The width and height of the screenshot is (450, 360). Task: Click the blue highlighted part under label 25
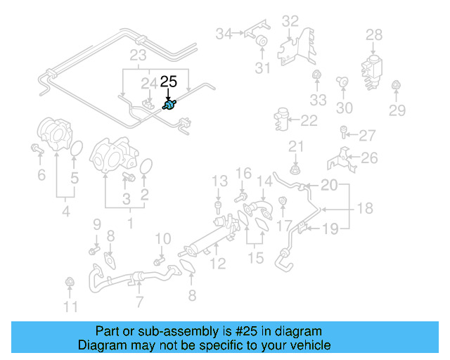coord(169,105)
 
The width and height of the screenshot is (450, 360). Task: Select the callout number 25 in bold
coord(169,82)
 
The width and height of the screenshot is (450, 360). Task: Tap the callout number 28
coord(374,34)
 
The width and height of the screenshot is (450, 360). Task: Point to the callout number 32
coord(290,22)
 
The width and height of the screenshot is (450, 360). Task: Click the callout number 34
coord(224,33)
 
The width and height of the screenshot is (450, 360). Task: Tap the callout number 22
coord(309,121)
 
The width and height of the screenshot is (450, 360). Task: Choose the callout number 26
coord(369,158)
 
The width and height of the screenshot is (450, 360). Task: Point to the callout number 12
coord(218,264)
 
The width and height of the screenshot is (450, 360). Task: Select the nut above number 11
coord(69,283)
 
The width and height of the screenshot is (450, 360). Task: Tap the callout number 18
coord(365,208)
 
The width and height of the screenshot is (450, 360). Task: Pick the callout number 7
coord(139,302)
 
